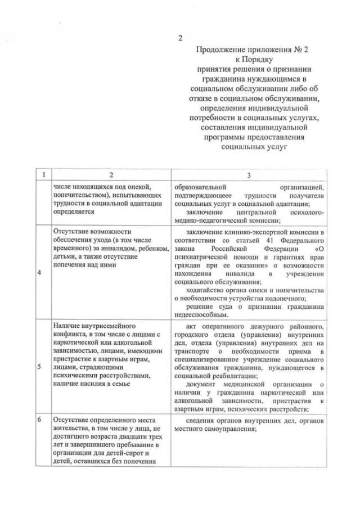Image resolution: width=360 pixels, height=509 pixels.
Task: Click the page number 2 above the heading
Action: click(180, 38)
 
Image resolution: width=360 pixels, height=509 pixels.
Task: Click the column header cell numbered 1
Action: click(40, 175)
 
